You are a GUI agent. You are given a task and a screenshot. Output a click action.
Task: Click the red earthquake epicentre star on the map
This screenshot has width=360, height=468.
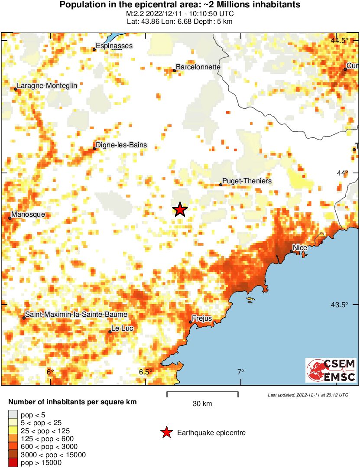click(x=180, y=210)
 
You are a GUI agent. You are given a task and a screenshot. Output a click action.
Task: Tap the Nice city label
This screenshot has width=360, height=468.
click(x=300, y=247)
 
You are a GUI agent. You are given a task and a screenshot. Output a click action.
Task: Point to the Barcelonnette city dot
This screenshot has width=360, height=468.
click(x=174, y=70)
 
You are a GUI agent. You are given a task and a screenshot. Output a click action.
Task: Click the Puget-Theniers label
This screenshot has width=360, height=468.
click(x=247, y=181)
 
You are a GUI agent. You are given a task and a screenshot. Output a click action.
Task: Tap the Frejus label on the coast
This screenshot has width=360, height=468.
click(x=202, y=318)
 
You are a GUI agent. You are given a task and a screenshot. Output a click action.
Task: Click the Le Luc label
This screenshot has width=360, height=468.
click(x=122, y=329)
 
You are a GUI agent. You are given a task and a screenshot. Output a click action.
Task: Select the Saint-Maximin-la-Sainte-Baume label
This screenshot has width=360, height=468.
click(x=76, y=314)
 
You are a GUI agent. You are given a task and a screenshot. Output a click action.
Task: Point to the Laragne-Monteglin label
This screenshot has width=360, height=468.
click(x=47, y=85)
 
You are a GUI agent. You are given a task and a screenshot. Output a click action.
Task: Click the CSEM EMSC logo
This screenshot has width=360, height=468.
click(x=331, y=370)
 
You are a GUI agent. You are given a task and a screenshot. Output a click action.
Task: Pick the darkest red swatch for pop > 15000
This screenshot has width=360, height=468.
click(x=13, y=462)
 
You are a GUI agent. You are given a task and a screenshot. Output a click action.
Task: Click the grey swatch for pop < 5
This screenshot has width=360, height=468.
click(x=13, y=415)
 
